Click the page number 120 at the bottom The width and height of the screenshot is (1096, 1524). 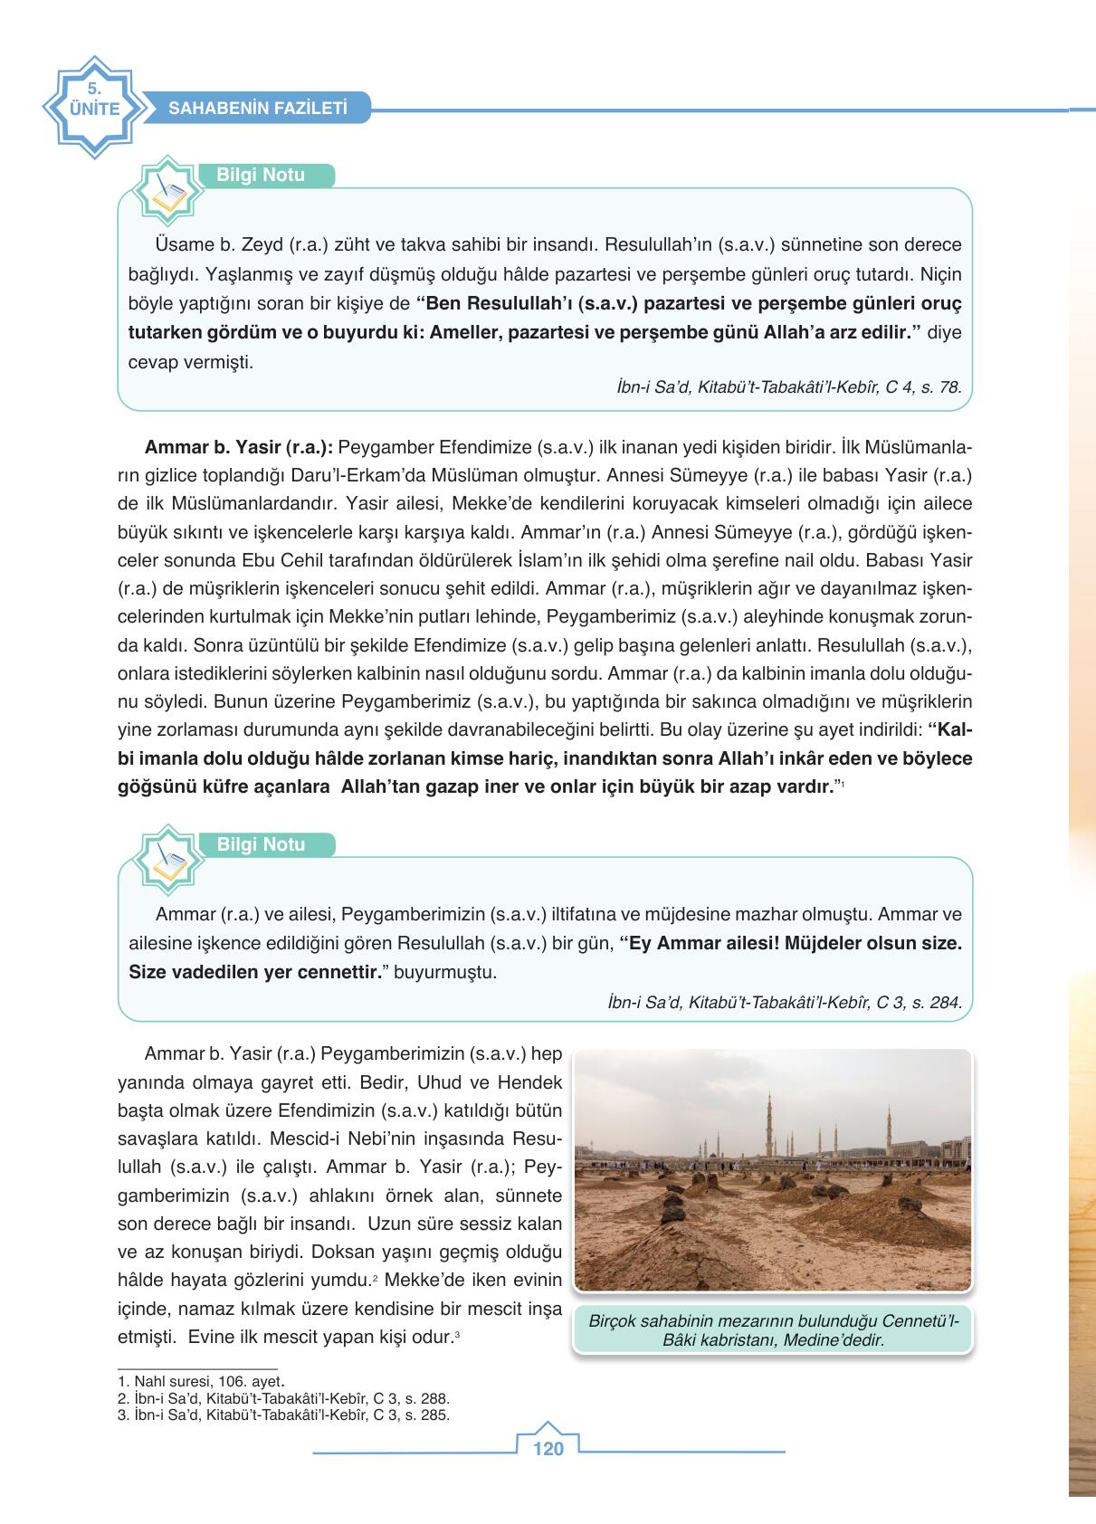point(548,1449)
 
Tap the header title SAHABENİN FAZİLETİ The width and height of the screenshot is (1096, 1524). point(258,109)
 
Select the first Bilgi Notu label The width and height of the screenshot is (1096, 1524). point(261,176)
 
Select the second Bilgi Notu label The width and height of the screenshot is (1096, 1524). point(261,845)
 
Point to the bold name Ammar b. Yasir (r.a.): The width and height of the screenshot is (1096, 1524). point(240,447)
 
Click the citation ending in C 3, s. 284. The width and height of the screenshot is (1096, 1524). point(785,1002)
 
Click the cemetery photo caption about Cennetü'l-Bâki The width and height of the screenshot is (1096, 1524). point(772,1329)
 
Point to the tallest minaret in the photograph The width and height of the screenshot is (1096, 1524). point(770,1122)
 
